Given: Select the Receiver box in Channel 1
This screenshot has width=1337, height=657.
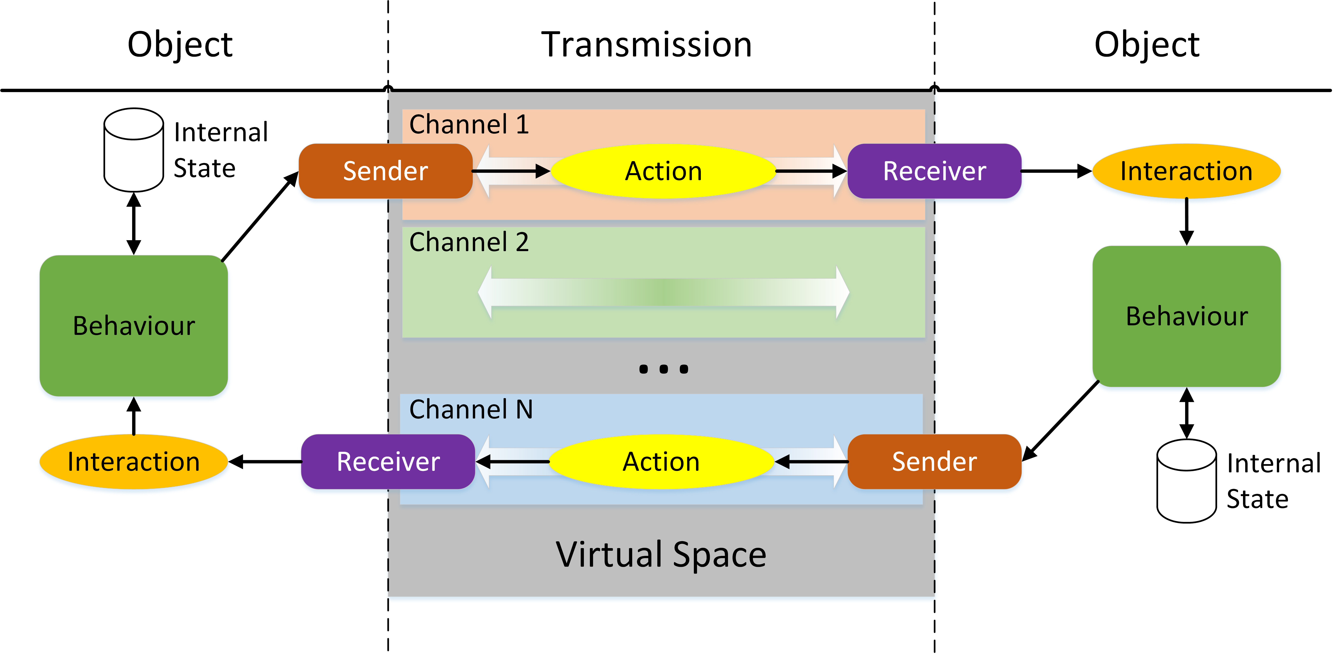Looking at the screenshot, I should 934,171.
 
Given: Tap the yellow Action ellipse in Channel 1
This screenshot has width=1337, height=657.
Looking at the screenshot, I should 663,171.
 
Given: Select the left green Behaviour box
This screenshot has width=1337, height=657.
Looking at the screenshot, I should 133,326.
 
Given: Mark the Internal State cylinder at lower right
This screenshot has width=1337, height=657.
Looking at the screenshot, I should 1187,481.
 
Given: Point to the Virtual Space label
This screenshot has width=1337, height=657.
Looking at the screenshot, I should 661,554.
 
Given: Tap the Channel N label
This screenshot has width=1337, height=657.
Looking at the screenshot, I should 471,409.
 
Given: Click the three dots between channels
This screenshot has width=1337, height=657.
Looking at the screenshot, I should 663,369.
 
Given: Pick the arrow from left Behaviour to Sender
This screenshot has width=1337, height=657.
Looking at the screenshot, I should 259,217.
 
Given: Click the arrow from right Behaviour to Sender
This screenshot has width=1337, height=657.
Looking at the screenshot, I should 1060,421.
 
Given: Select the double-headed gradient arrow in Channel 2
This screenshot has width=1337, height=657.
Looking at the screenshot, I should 663,292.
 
